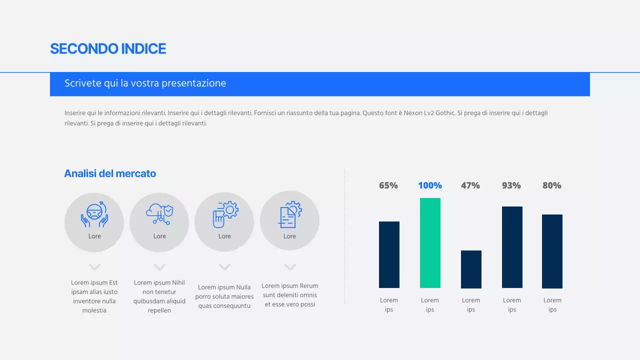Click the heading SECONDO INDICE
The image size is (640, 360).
(x=108, y=48)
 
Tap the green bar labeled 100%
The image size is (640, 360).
(x=430, y=243)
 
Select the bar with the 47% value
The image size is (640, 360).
(x=471, y=269)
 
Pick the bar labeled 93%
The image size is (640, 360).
(x=512, y=247)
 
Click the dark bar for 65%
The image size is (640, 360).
(x=389, y=254)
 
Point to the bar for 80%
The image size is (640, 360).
(x=552, y=251)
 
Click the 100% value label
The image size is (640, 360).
(x=430, y=185)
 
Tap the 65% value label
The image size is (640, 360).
(x=388, y=185)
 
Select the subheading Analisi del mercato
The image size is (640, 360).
(x=110, y=173)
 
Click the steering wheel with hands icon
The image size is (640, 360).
(x=94, y=214)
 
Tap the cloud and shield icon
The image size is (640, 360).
(x=159, y=214)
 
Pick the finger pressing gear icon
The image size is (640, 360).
(x=225, y=214)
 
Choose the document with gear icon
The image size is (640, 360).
(x=290, y=214)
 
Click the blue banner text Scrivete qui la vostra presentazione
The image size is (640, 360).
(x=145, y=83)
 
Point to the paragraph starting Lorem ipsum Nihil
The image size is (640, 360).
(x=159, y=296)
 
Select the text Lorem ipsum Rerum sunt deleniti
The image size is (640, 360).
(x=290, y=295)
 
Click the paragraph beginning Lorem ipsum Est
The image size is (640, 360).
(x=94, y=296)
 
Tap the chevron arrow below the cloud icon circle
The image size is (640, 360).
(x=159, y=267)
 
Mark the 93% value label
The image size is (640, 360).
(x=511, y=185)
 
